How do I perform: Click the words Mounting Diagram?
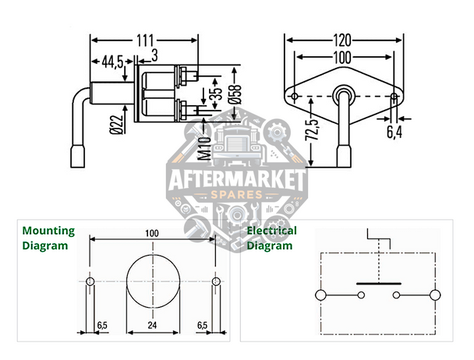point(48,238)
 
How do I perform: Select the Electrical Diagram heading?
point(271,238)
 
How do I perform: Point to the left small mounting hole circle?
point(90,281)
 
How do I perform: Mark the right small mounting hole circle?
point(215,281)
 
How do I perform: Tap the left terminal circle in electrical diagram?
point(320,295)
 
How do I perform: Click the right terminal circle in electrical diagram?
point(436,295)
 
